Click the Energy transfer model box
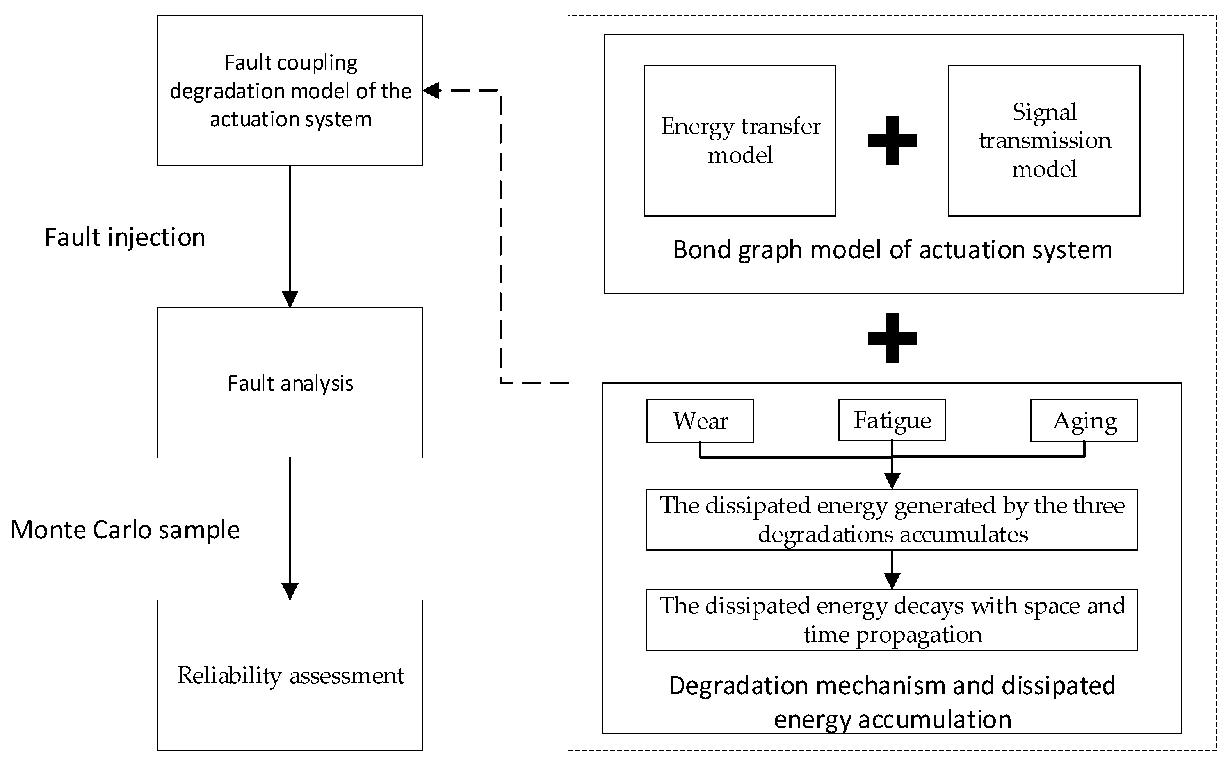tap(740, 140)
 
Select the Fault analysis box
tap(290, 383)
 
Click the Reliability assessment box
tap(290, 675)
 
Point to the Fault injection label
tap(125, 237)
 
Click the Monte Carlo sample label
tap(125, 530)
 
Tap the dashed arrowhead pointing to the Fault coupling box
tap(431, 91)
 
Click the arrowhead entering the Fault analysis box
tap(290, 299)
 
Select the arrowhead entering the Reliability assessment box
tap(290, 591)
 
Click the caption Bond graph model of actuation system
tap(892, 250)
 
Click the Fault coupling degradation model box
tap(290, 91)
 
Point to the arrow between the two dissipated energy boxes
tap(892, 570)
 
